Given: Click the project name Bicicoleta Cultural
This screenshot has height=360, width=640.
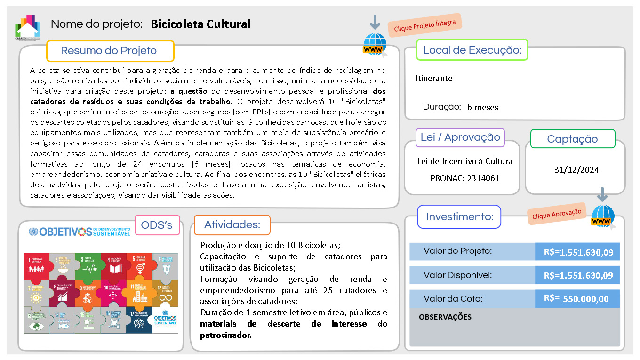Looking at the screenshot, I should (x=200, y=24).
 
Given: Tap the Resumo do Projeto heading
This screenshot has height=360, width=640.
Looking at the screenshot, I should (x=109, y=51).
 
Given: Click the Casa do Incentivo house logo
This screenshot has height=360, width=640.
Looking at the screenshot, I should (x=27, y=28).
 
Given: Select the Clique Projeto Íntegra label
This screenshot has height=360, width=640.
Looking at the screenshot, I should (x=424, y=25).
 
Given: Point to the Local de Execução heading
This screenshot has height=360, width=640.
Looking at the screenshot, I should (x=472, y=50).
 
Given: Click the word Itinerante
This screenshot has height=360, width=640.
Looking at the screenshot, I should (x=434, y=78).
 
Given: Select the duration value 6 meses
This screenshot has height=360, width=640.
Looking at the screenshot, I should (x=482, y=107).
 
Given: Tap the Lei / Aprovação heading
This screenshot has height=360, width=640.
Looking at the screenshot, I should (x=460, y=137).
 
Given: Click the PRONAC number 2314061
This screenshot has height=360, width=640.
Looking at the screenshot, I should (x=483, y=178).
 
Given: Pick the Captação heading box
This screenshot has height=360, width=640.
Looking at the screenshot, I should (x=572, y=139).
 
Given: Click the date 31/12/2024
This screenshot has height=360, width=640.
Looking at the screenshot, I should (x=576, y=170).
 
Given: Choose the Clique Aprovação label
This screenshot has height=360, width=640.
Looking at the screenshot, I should (x=557, y=213).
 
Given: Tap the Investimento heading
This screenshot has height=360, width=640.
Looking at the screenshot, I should (x=459, y=217).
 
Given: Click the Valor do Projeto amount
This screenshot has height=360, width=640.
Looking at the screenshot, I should (x=578, y=252).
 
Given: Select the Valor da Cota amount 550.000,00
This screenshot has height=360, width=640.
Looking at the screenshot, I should (x=585, y=299).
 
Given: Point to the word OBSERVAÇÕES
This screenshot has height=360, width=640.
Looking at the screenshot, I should (x=445, y=317).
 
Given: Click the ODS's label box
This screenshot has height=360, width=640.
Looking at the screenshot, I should (x=157, y=225).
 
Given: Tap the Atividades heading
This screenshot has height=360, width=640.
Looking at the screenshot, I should (x=232, y=225).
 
